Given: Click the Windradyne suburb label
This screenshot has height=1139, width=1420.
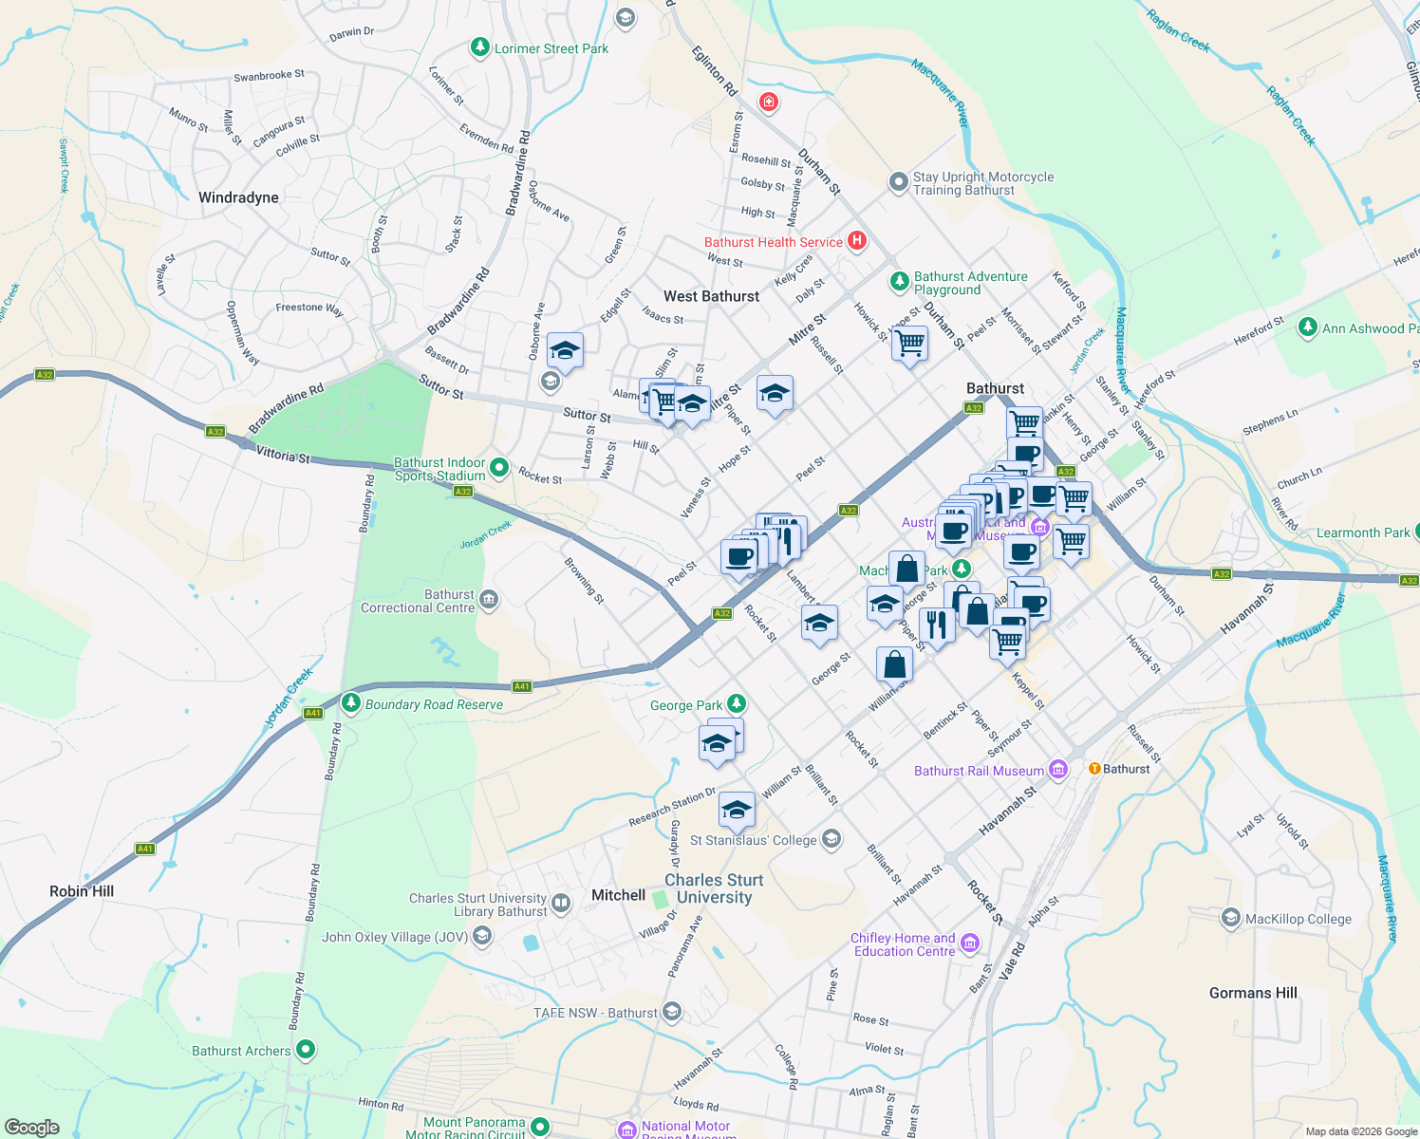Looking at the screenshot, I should coord(238,197).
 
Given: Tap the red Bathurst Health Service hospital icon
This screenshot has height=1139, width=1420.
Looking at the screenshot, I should coord(857,241).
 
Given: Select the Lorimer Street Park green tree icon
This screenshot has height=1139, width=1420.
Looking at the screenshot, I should coord(480,47).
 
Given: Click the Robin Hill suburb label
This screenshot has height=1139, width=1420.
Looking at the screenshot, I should coord(82,891).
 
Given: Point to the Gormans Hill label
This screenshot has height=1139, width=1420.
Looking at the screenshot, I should coord(1253,993).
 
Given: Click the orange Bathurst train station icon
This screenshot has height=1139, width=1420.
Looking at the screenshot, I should coord(1094,769).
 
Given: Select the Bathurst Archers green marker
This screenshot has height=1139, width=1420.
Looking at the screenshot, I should coord(306,1050).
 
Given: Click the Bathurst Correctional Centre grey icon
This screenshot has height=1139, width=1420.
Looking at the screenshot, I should coord(489,599).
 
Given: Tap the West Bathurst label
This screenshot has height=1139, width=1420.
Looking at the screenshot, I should coord(711,296).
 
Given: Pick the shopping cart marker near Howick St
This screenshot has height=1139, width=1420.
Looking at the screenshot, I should coord(909,343).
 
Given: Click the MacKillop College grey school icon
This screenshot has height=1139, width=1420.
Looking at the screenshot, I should coord(1231,918).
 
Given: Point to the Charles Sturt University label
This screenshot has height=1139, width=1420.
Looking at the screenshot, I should coord(714,888).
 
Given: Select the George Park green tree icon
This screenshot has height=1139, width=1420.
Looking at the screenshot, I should coord(737,704).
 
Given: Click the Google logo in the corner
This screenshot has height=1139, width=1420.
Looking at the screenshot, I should coord(32,1127).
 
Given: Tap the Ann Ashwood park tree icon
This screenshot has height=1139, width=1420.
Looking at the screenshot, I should coord(1308,327).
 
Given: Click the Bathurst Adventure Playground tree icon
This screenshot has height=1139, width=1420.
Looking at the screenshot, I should coord(899,282).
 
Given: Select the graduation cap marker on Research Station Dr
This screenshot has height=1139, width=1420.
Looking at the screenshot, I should coord(737,811).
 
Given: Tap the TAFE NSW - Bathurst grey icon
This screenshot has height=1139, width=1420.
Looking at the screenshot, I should coord(672,1012).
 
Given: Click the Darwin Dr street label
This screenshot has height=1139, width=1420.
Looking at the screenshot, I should coord(351,32).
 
